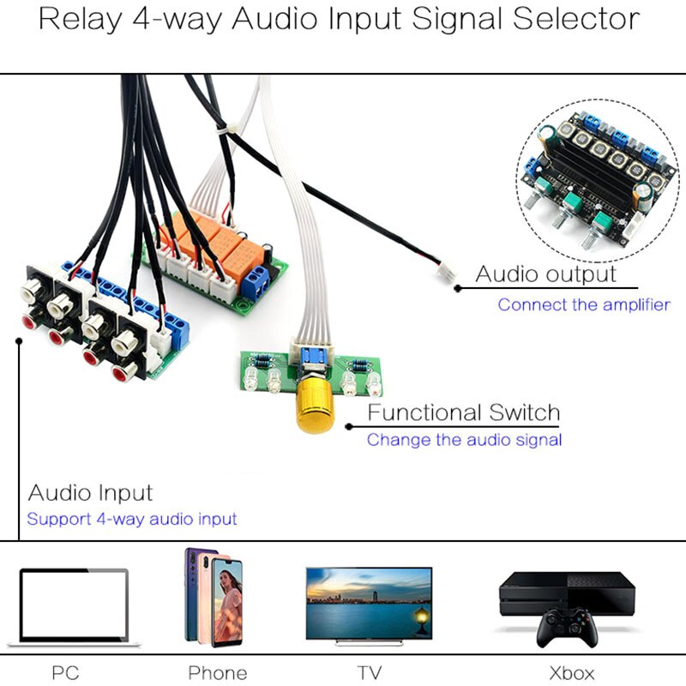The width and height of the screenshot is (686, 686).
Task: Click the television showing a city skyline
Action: (x=369, y=603)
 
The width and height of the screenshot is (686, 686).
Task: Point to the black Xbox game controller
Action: (x=567, y=629)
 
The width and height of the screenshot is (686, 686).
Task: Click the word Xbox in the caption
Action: (x=571, y=672)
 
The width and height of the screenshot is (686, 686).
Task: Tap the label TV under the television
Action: (x=369, y=672)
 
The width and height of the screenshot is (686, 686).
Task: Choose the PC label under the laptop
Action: (x=65, y=672)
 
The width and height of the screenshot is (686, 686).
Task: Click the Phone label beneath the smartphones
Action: (x=217, y=672)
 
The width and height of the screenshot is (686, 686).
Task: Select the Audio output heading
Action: (x=545, y=274)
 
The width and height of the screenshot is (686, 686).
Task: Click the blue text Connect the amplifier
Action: (x=584, y=304)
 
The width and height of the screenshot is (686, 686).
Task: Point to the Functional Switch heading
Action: (x=463, y=412)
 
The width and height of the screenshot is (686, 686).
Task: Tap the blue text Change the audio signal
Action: (x=464, y=440)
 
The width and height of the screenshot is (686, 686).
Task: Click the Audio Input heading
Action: (x=90, y=493)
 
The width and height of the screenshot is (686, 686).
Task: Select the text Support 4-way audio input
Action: (x=131, y=519)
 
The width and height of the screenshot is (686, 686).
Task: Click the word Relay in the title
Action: (x=77, y=19)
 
